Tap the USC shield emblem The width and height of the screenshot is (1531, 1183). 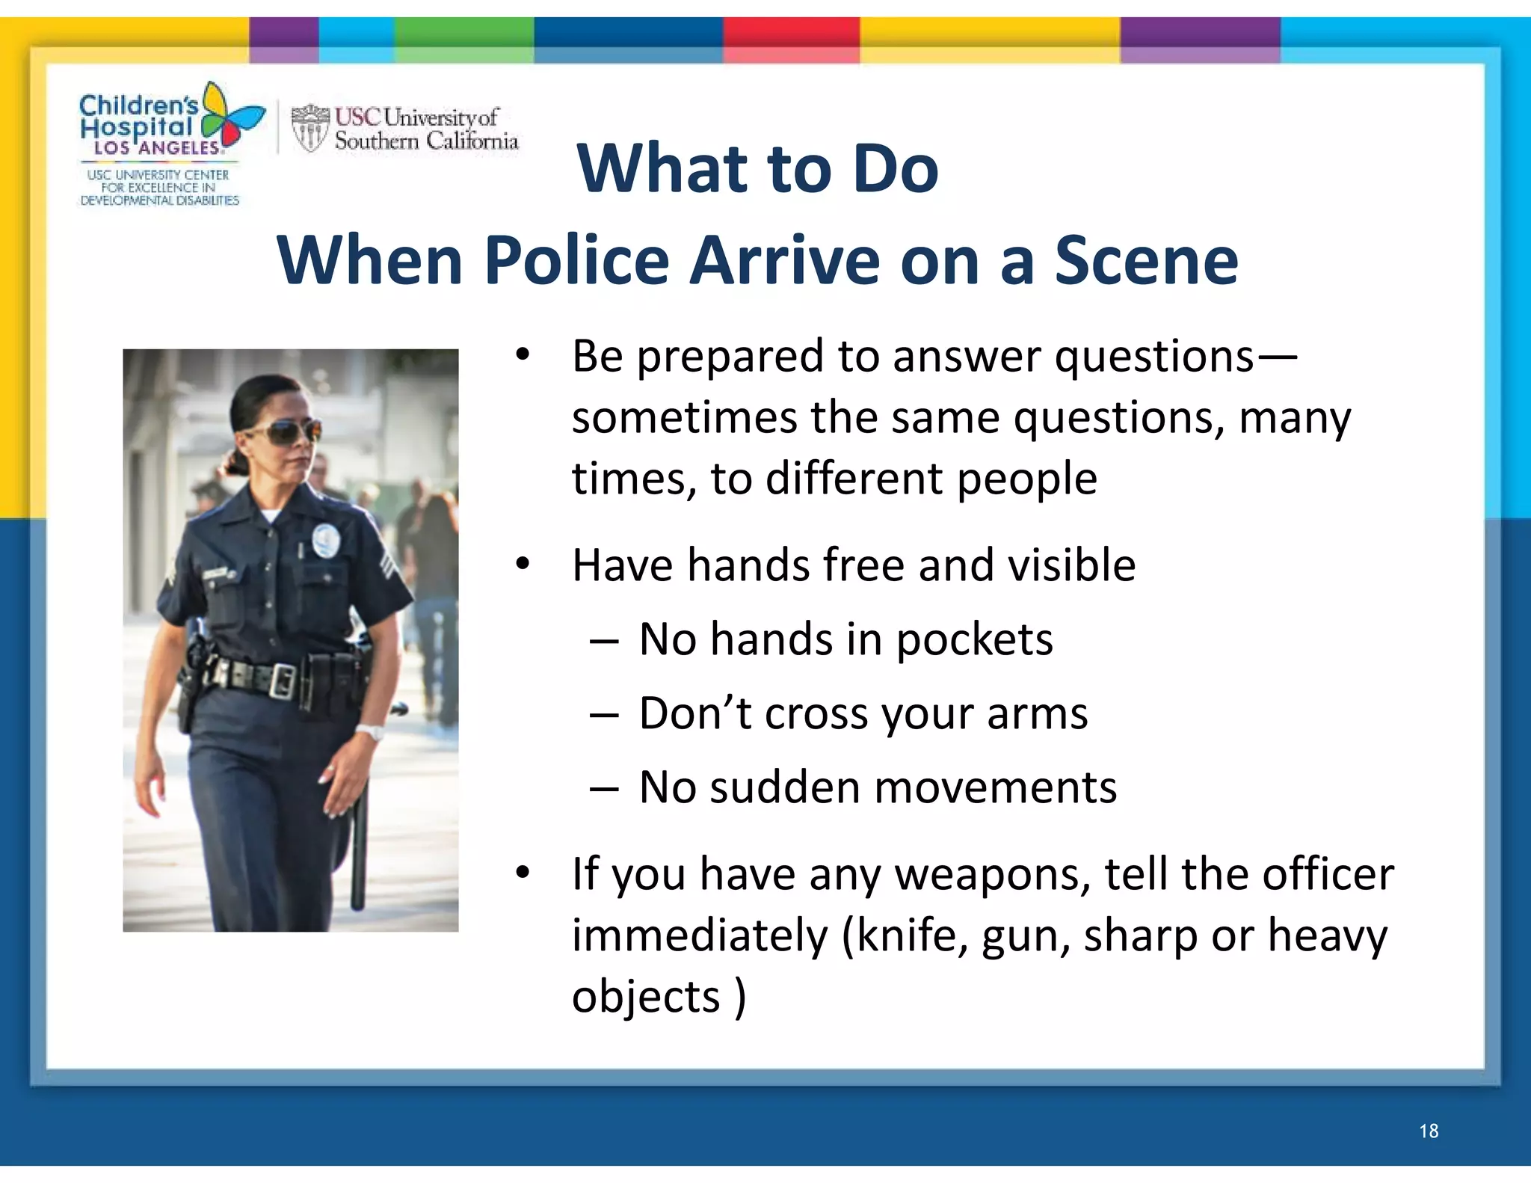309,128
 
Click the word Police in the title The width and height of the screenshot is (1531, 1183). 576,261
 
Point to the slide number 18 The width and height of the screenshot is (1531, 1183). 1429,1131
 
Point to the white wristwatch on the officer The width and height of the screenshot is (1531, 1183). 369,731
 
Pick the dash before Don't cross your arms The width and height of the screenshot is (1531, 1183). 603,715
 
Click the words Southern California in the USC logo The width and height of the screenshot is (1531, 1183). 426,141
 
